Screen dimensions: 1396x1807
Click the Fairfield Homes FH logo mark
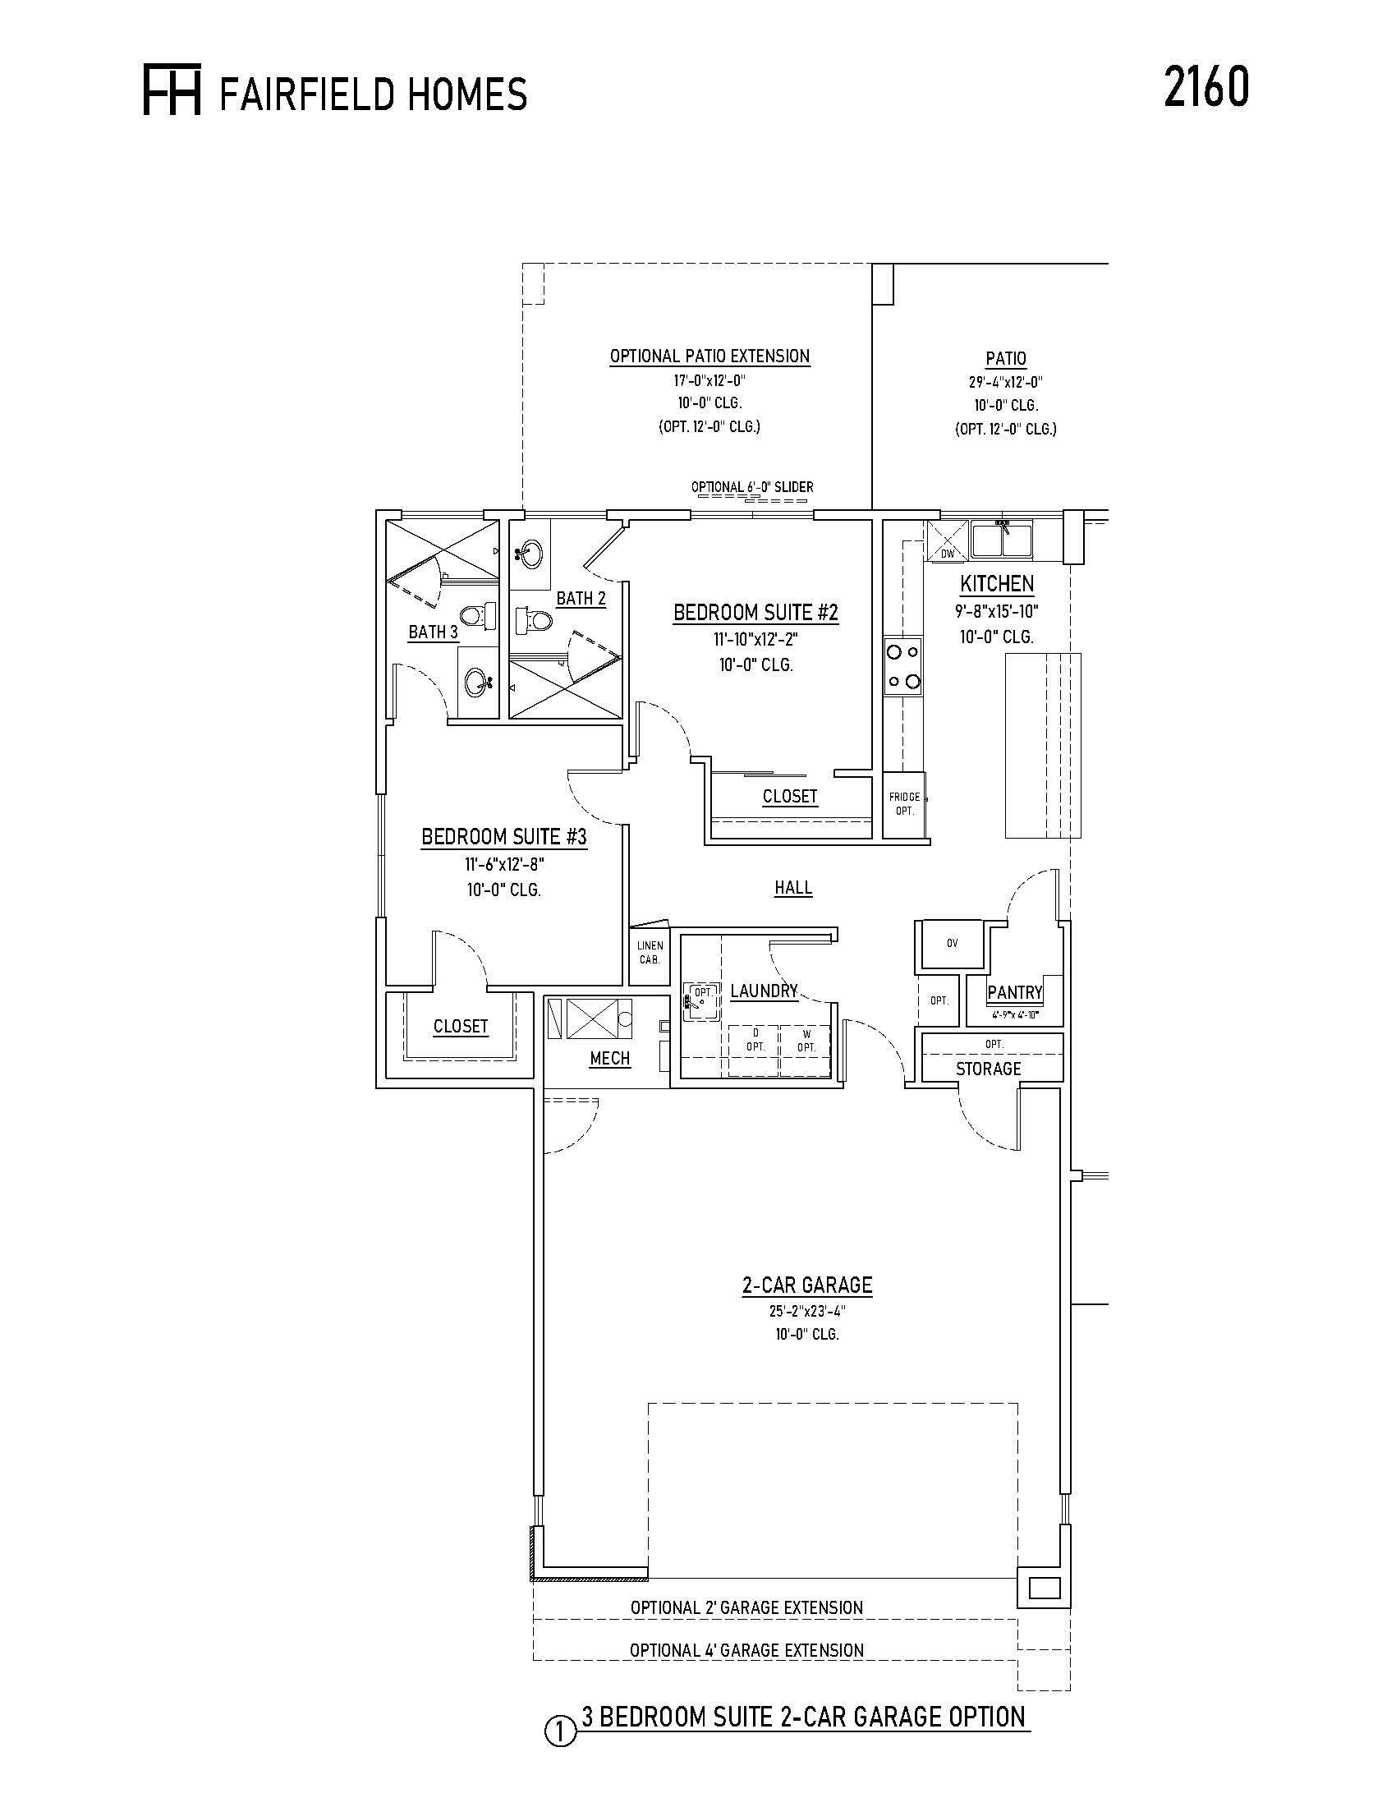coord(172,90)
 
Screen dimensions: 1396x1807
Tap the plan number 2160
coord(1205,88)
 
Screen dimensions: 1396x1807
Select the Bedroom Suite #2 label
coord(755,613)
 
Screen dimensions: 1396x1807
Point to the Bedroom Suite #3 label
coord(503,837)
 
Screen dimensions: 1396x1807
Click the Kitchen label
coord(997,584)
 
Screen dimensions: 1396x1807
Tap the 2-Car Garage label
coord(807,1285)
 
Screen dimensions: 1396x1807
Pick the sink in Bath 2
coord(529,551)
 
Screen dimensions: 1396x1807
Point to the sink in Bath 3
coord(479,683)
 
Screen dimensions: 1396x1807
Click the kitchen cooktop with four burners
coord(903,667)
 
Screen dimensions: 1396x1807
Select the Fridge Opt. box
coord(905,805)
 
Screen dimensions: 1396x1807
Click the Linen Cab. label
coord(650,953)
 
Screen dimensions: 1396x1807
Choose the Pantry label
coord(1015,993)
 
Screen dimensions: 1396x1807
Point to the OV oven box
coord(952,942)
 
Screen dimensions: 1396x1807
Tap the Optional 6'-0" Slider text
coord(751,486)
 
